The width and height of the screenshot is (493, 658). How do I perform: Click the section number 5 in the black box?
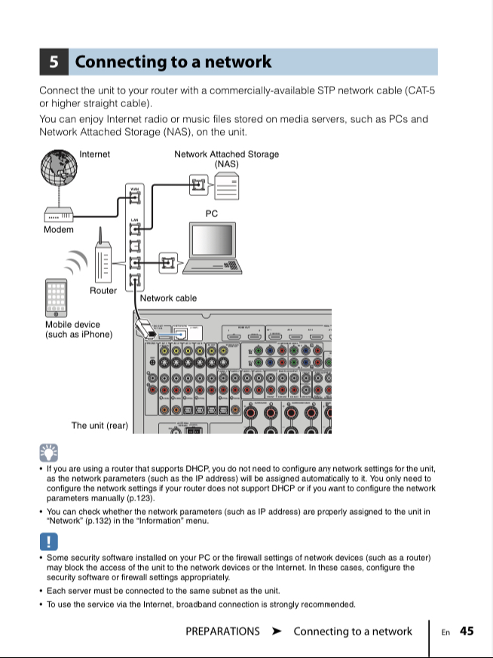(54, 62)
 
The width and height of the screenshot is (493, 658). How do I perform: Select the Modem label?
(59, 229)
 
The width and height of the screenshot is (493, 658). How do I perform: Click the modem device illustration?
(59, 214)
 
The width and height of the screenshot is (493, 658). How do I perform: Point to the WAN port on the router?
(136, 197)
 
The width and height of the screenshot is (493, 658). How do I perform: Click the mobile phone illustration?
(57, 298)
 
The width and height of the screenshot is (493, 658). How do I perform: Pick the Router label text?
(103, 290)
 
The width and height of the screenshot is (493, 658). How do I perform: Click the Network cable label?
(168, 298)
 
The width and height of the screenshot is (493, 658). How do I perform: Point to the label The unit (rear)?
(100, 426)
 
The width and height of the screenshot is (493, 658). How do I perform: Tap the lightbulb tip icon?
(49, 452)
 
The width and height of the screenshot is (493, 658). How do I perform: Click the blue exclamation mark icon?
(49, 541)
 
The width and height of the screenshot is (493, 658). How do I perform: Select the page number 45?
(467, 632)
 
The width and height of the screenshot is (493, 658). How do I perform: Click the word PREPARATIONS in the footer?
(222, 632)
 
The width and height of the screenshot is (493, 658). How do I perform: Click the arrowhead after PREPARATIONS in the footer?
(277, 632)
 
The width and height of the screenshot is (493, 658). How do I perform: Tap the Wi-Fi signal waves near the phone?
(76, 261)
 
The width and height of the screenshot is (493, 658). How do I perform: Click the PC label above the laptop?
(212, 214)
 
